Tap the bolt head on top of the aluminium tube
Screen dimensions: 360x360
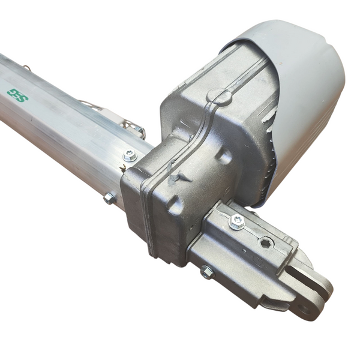[x=130, y=157]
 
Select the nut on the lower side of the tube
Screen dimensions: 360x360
[x=109, y=198]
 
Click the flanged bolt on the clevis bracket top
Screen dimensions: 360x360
[x=237, y=221]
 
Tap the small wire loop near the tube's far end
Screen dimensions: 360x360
[x=26, y=68]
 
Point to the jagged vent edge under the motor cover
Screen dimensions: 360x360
[x=273, y=150]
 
